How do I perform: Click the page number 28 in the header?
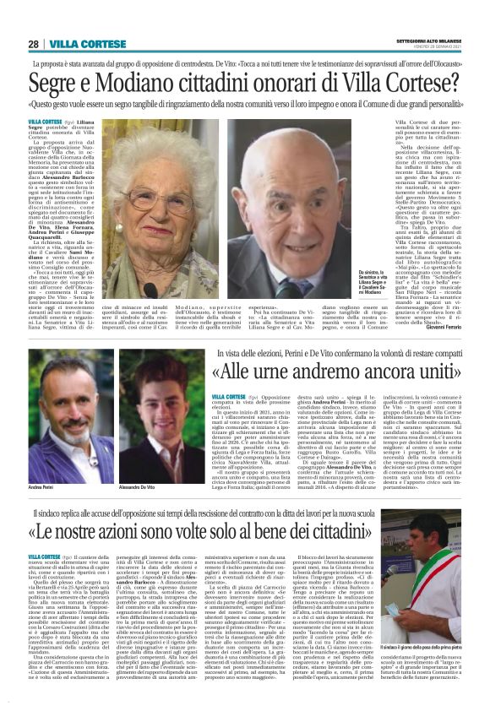33,44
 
